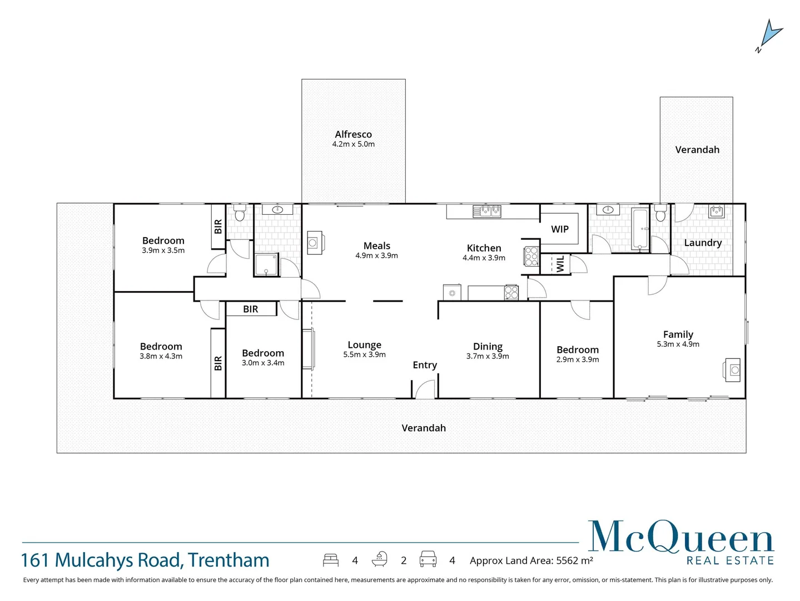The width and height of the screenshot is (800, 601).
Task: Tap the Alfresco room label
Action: pyautogui.click(x=353, y=134)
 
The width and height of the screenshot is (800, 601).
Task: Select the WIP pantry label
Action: pyautogui.click(x=559, y=229)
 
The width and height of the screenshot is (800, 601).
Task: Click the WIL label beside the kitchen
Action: pyautogui.click(x=560, y=264)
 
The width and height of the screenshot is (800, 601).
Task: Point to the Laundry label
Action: pyautogui.click(x=703, y=243)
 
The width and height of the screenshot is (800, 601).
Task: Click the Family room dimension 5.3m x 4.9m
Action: pyautogui.click(x=678, y=344)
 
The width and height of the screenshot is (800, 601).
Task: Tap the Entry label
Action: pyautogui.click(x=425, y=365)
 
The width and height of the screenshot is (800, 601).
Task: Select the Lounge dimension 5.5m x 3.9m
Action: pyautogui.click(x=364, y=354)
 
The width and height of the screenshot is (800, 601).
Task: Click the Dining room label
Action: pyautogui.click(x=488, y=346)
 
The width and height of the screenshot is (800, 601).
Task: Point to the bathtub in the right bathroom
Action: pyautogui.click(x=640, y=229)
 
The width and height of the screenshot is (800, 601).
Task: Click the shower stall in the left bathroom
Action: pyautogui.click(x=266, y=265)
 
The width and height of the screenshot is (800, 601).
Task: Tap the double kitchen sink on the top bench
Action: pyautogui.click(x=487, y=211)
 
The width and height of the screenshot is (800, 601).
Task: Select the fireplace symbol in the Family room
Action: pyautogui.click(x=733, y=370)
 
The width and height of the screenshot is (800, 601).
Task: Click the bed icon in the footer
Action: pyautogui.click(x=331, y=560)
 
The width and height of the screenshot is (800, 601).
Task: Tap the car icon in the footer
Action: pyautogui.click(x=428, y=559)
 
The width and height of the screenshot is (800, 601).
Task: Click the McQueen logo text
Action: pyautogui.click(x=680, y=538)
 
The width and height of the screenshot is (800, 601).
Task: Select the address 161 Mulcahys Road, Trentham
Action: pyautogui.click(x=145, y=560)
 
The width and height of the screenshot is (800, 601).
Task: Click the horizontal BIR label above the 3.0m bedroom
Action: pyautogui.click(x=251, y=309)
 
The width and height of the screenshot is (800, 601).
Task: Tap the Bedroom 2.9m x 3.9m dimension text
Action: pyautogui.click(x=578, y=359)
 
